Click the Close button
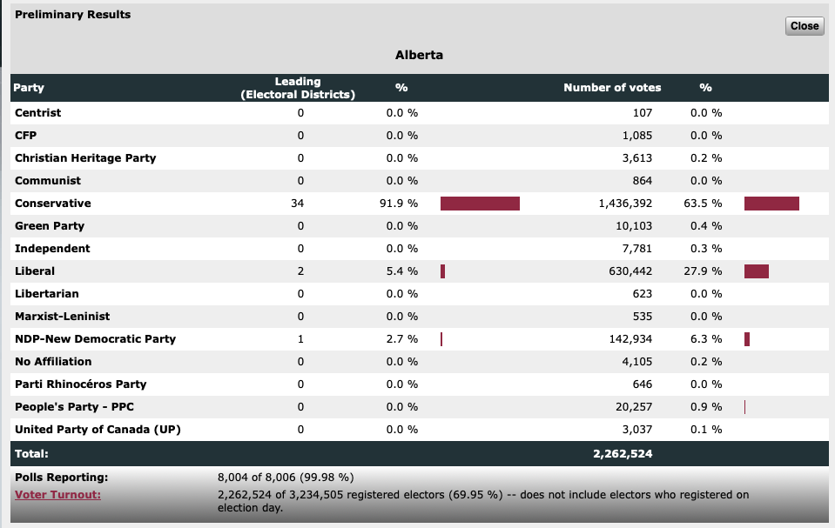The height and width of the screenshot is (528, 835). [x=804, y=26]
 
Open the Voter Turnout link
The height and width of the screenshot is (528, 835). [x=57, y=495]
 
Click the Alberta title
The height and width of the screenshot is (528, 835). [x=419, y=55]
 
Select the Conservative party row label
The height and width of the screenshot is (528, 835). [x=53, y=204]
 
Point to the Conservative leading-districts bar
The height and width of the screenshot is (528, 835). [x=480, y=204]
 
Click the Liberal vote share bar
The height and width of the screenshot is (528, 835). [x=756, y=271]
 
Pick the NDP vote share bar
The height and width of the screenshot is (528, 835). [x=747, y=339]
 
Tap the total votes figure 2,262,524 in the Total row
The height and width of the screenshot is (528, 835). [x=623, y=453]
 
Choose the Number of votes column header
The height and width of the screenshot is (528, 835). [x=612, y=88]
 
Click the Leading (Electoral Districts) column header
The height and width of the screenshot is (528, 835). [x=298, y=88]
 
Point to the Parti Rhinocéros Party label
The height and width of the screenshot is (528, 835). [x=80, y=384]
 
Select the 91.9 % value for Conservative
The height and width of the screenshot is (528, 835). [x=402, y=204]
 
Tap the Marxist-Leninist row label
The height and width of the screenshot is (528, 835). [x=62, y=317]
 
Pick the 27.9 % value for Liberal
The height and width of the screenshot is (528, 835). [x=706, y=271]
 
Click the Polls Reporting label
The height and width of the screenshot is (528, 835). [x=61, y=478]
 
